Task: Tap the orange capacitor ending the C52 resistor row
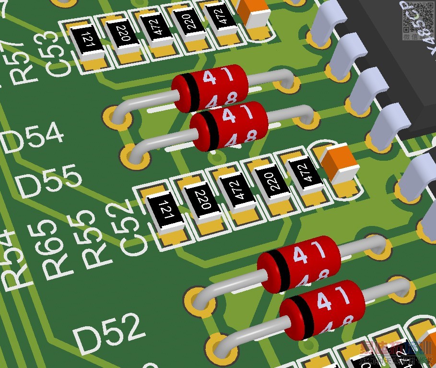(340, 164)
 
